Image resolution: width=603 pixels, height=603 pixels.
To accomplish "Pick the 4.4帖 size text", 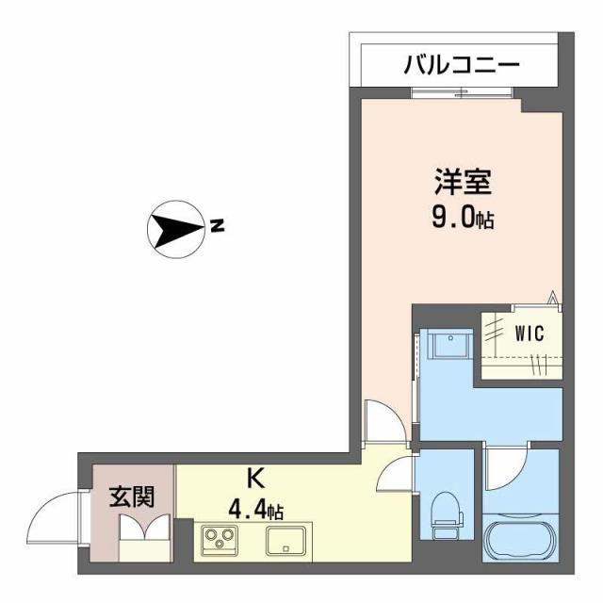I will pos(255,511).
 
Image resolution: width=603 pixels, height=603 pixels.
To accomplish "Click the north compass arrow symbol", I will pos(176,228).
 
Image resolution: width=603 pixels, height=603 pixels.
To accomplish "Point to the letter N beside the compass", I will pos(218,227).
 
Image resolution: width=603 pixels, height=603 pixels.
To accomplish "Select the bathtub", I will pos(521,538).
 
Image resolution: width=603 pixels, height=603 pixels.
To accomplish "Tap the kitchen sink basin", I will pos(286,541).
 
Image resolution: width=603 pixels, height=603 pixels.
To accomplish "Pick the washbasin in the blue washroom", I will pos(450,348).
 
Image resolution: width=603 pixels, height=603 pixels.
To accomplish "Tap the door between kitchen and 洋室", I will pos(385,419).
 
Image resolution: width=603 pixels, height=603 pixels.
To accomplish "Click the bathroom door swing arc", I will pos(508,467).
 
